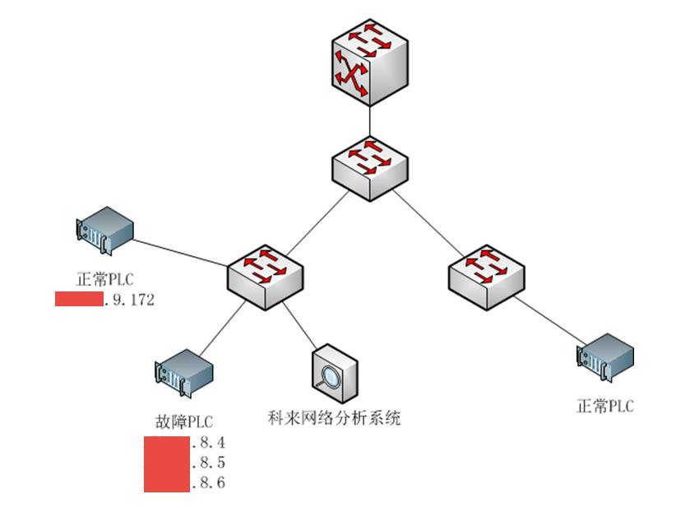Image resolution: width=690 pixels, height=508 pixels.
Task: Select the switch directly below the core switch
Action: point(370,167)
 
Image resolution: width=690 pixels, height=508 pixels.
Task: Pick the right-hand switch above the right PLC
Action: point(487,277)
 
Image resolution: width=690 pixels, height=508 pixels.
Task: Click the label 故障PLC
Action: point(184,422)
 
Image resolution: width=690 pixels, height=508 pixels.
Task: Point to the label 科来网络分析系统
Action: point(334,418)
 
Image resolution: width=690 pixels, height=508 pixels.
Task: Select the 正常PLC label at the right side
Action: point(605,406)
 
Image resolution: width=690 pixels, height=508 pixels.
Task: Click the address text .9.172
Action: point(130,300)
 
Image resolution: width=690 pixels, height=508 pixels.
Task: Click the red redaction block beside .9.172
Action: point(79,299)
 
